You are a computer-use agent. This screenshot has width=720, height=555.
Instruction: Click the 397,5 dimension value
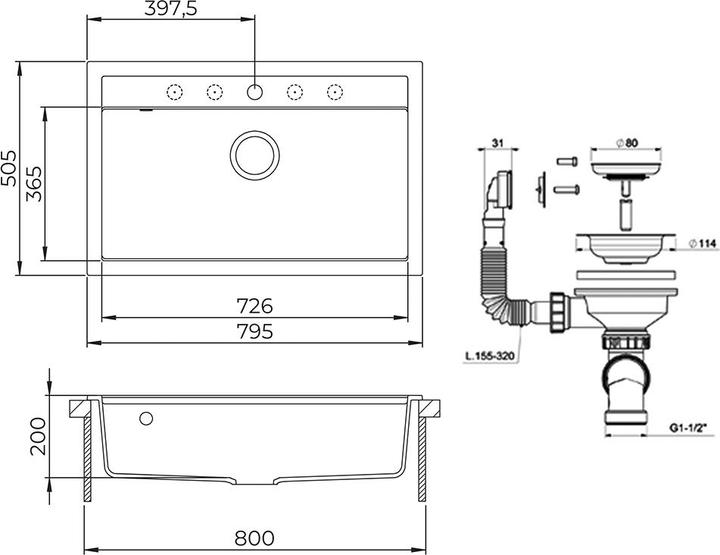pyautogui.click(x=171, y=9)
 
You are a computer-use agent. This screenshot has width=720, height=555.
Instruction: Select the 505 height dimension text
pyautogui.click(x=9, y=168)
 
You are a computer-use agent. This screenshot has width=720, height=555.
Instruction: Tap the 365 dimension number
pyautogui.click(x=34, y=184)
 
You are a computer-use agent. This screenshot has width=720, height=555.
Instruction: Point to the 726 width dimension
pyautogui.click(x=254, y=306)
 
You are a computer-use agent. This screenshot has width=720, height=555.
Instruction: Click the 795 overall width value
pyautogui.click(x=255, y=331)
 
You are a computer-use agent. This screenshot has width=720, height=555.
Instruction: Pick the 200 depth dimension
pyautogui.click(x=38, y=436)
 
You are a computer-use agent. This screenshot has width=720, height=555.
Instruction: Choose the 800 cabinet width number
pyautogui.click(x=254, y=538)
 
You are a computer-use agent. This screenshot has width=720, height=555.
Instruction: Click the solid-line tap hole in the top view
pyautogui.click(x=255, y=92)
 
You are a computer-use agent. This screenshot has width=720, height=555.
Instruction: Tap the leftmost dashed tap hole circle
pyautogui.click(x=174, y=92)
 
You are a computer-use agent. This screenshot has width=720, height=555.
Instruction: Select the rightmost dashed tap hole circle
pyautogui.click(x=335, y=92)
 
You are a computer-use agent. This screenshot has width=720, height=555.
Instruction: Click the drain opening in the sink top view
pyautogui.click(x=255, y=155)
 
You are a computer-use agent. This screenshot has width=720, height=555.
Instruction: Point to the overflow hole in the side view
pyautogui.click(x=146, y=418)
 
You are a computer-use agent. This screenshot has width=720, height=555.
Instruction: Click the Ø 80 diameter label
pyautogui.click(x=627, y=143)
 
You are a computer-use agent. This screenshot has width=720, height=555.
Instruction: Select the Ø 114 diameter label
pyautogui.click(x=703, y=244)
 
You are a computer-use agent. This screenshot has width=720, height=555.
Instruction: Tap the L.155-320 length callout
pyautogui.click(x=489, y=356)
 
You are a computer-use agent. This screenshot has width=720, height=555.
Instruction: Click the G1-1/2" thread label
pyautogui.click(x=687, y=428)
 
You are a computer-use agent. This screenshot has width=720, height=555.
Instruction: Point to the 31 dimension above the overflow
pyautogui.click(x=498, y=143)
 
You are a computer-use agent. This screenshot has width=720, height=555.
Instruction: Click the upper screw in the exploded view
pyautogui.click(x=567, y=162)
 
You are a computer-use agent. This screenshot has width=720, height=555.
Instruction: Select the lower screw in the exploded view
pyautogui.click(x=567, y=189)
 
